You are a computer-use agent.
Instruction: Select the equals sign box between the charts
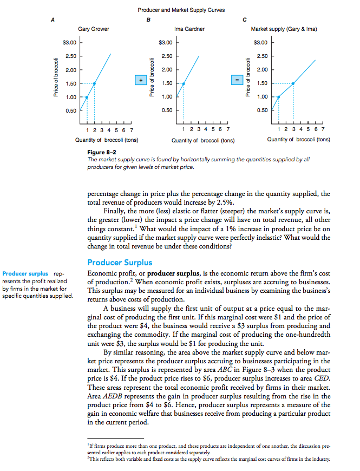[x=236, y=80]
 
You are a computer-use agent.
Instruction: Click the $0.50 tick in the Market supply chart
[x=261, y=111]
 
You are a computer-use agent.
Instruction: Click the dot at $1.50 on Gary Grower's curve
[x=95, y=83]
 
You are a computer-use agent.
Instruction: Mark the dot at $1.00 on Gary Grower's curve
[x=87, y=97]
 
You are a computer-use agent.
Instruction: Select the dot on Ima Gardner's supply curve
[x=183, y=83]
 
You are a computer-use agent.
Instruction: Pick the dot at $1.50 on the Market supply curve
[x=293, y=83]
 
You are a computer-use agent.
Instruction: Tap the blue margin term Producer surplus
[x=25, y=273]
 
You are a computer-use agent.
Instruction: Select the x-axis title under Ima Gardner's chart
[x=202, y=140]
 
